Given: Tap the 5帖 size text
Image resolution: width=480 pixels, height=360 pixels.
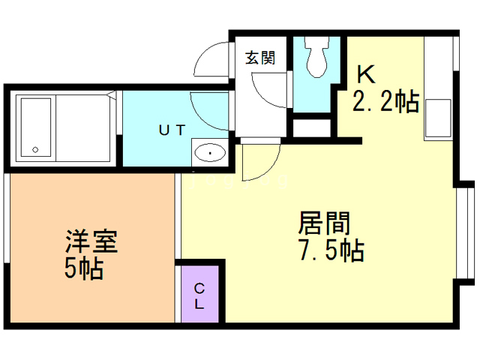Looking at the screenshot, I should point(83,268).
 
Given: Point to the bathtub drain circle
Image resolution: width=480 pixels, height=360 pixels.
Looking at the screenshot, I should point(35,150).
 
